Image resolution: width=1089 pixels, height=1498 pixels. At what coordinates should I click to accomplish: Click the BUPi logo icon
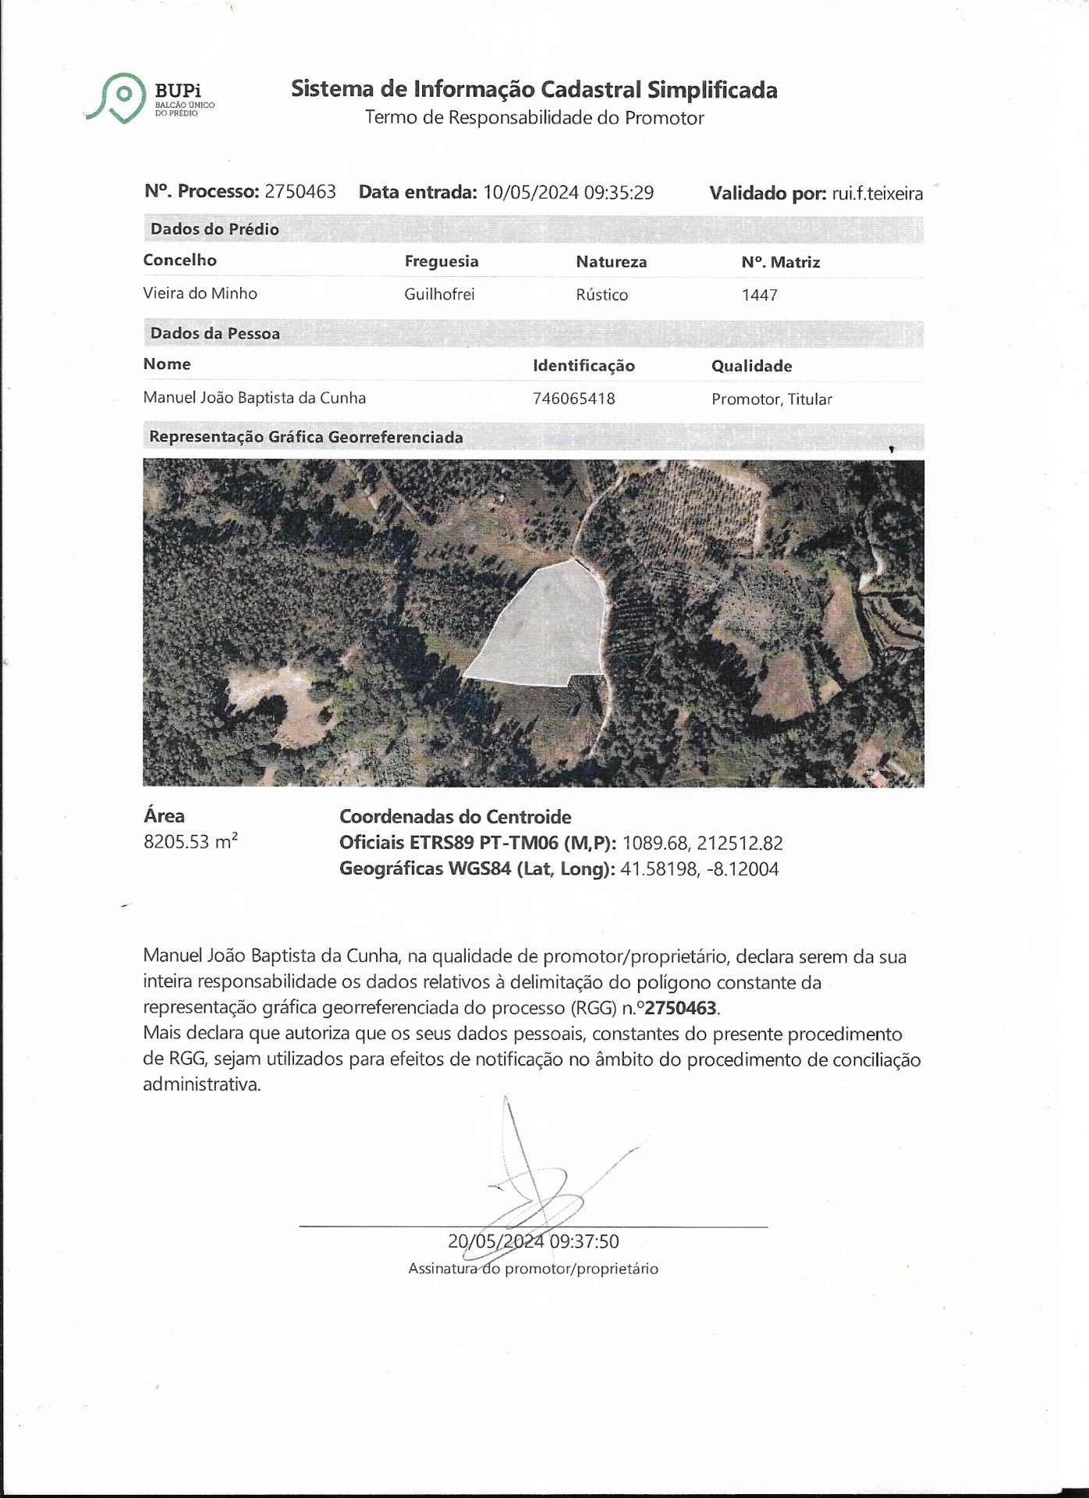click(x=119, y=97)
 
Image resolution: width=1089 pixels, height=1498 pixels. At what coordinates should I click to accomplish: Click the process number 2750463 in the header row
click(x=300, y=192)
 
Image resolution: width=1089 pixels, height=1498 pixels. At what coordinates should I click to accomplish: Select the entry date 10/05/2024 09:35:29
click(x=568, y=193)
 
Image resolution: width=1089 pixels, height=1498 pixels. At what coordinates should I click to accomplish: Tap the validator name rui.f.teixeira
click(x=878, y=193)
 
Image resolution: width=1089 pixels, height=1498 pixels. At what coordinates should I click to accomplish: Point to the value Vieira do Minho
click(x=200, y=293)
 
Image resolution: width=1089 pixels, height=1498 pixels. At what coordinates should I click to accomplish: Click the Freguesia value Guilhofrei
click(x=439, y=294)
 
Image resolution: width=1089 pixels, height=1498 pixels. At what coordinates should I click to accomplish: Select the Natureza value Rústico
click(x=601, y=295)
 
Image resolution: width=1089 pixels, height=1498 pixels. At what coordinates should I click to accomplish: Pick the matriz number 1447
click(x=759, y=295)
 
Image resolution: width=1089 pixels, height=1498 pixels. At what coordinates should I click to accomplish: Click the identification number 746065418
click(x=573, y=399)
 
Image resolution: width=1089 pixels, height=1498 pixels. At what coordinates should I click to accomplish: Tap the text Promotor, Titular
click(x=771, y=399)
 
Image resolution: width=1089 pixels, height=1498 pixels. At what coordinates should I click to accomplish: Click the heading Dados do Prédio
click(x=215, y=229)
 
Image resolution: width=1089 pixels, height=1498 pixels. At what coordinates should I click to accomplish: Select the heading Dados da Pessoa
click(x=215, y=333)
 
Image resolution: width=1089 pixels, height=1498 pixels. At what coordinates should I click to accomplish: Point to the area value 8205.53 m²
click(x=190, y=842)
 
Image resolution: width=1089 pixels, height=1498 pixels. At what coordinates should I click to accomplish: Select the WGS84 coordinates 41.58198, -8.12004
click(x=699, y=869)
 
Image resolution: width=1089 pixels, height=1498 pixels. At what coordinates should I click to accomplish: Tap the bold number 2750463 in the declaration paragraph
click(x=681, y=1007)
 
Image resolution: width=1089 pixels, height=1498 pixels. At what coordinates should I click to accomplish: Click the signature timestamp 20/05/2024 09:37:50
click(x=534, y=1241)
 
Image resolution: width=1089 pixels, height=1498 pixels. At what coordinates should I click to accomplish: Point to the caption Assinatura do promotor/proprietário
click(x=533, y=1269)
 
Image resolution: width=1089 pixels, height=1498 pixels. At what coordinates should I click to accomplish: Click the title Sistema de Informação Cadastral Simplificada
click(x=534, y=90)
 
